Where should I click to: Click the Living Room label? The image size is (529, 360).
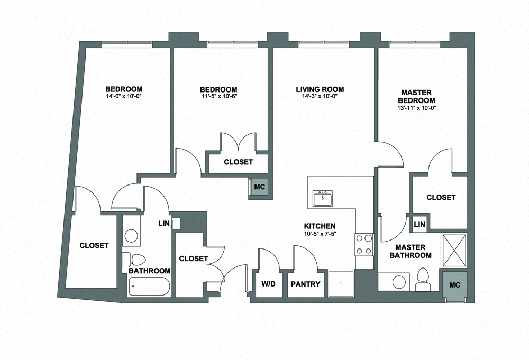[x=320, y=89]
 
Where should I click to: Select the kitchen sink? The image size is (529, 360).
[x=322, y=199]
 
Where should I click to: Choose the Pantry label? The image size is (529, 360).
[x=306, y=284]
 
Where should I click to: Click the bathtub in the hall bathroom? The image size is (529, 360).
[x=150, y=288]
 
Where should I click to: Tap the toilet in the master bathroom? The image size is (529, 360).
[x=423, y=278]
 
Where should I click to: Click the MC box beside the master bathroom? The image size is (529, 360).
[x=454, y=285]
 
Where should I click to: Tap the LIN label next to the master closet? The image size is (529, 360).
[x=419, y=225]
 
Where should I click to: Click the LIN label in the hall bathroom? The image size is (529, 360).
[x=164, y=224]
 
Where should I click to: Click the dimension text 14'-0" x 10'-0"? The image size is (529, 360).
[x=123, y=96]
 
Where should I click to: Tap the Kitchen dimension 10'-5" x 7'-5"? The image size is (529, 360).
[x=320, y=234]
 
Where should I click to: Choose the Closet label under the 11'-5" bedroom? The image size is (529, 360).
[x=238, y=162]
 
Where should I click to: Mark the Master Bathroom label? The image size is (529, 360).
[x=411, y=251]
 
